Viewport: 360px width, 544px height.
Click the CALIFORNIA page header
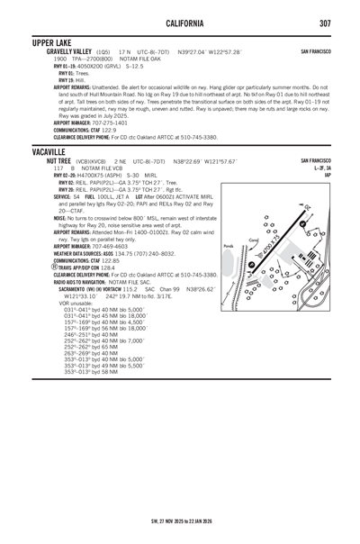coord(179,23)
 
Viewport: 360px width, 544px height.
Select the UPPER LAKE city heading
coord(54,42)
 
